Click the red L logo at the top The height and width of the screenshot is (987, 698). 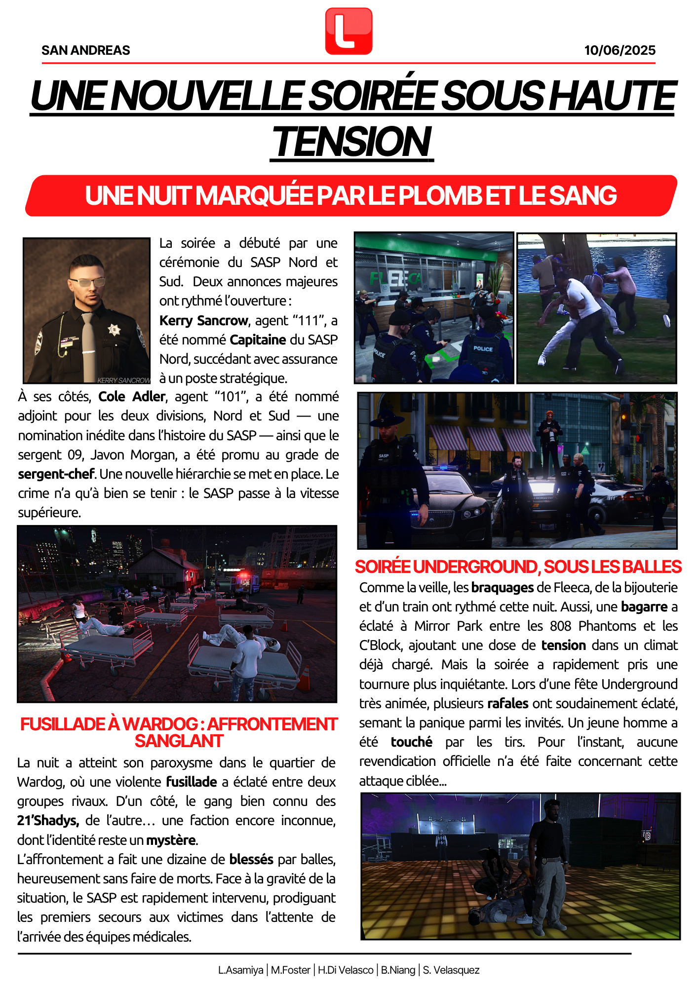(349, 31)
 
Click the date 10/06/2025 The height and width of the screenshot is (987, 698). (620, 50)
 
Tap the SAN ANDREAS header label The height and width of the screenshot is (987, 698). (85, 50)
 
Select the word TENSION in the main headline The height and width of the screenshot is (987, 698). (351, 142)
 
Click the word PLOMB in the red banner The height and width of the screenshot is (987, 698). (439, 195)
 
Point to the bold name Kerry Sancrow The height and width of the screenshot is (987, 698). (203, 321)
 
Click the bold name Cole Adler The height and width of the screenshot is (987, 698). (132, 397)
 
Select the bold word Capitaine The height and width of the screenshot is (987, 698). (258, 340)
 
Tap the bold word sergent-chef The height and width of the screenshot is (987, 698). (56, 474)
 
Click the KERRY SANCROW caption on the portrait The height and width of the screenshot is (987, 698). (123, 380)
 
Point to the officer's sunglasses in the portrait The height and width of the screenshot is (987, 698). (88, 282)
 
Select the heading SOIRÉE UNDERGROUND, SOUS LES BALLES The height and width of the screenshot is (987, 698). (518, 567)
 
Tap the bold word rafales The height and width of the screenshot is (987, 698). (507, 703)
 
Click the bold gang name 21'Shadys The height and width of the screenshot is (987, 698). (48, 821)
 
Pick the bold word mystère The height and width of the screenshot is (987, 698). (171, 840)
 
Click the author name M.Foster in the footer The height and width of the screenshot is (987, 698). (290, 970)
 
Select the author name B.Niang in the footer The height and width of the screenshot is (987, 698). (398, 970)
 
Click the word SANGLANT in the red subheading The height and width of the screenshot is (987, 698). (179, 741)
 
